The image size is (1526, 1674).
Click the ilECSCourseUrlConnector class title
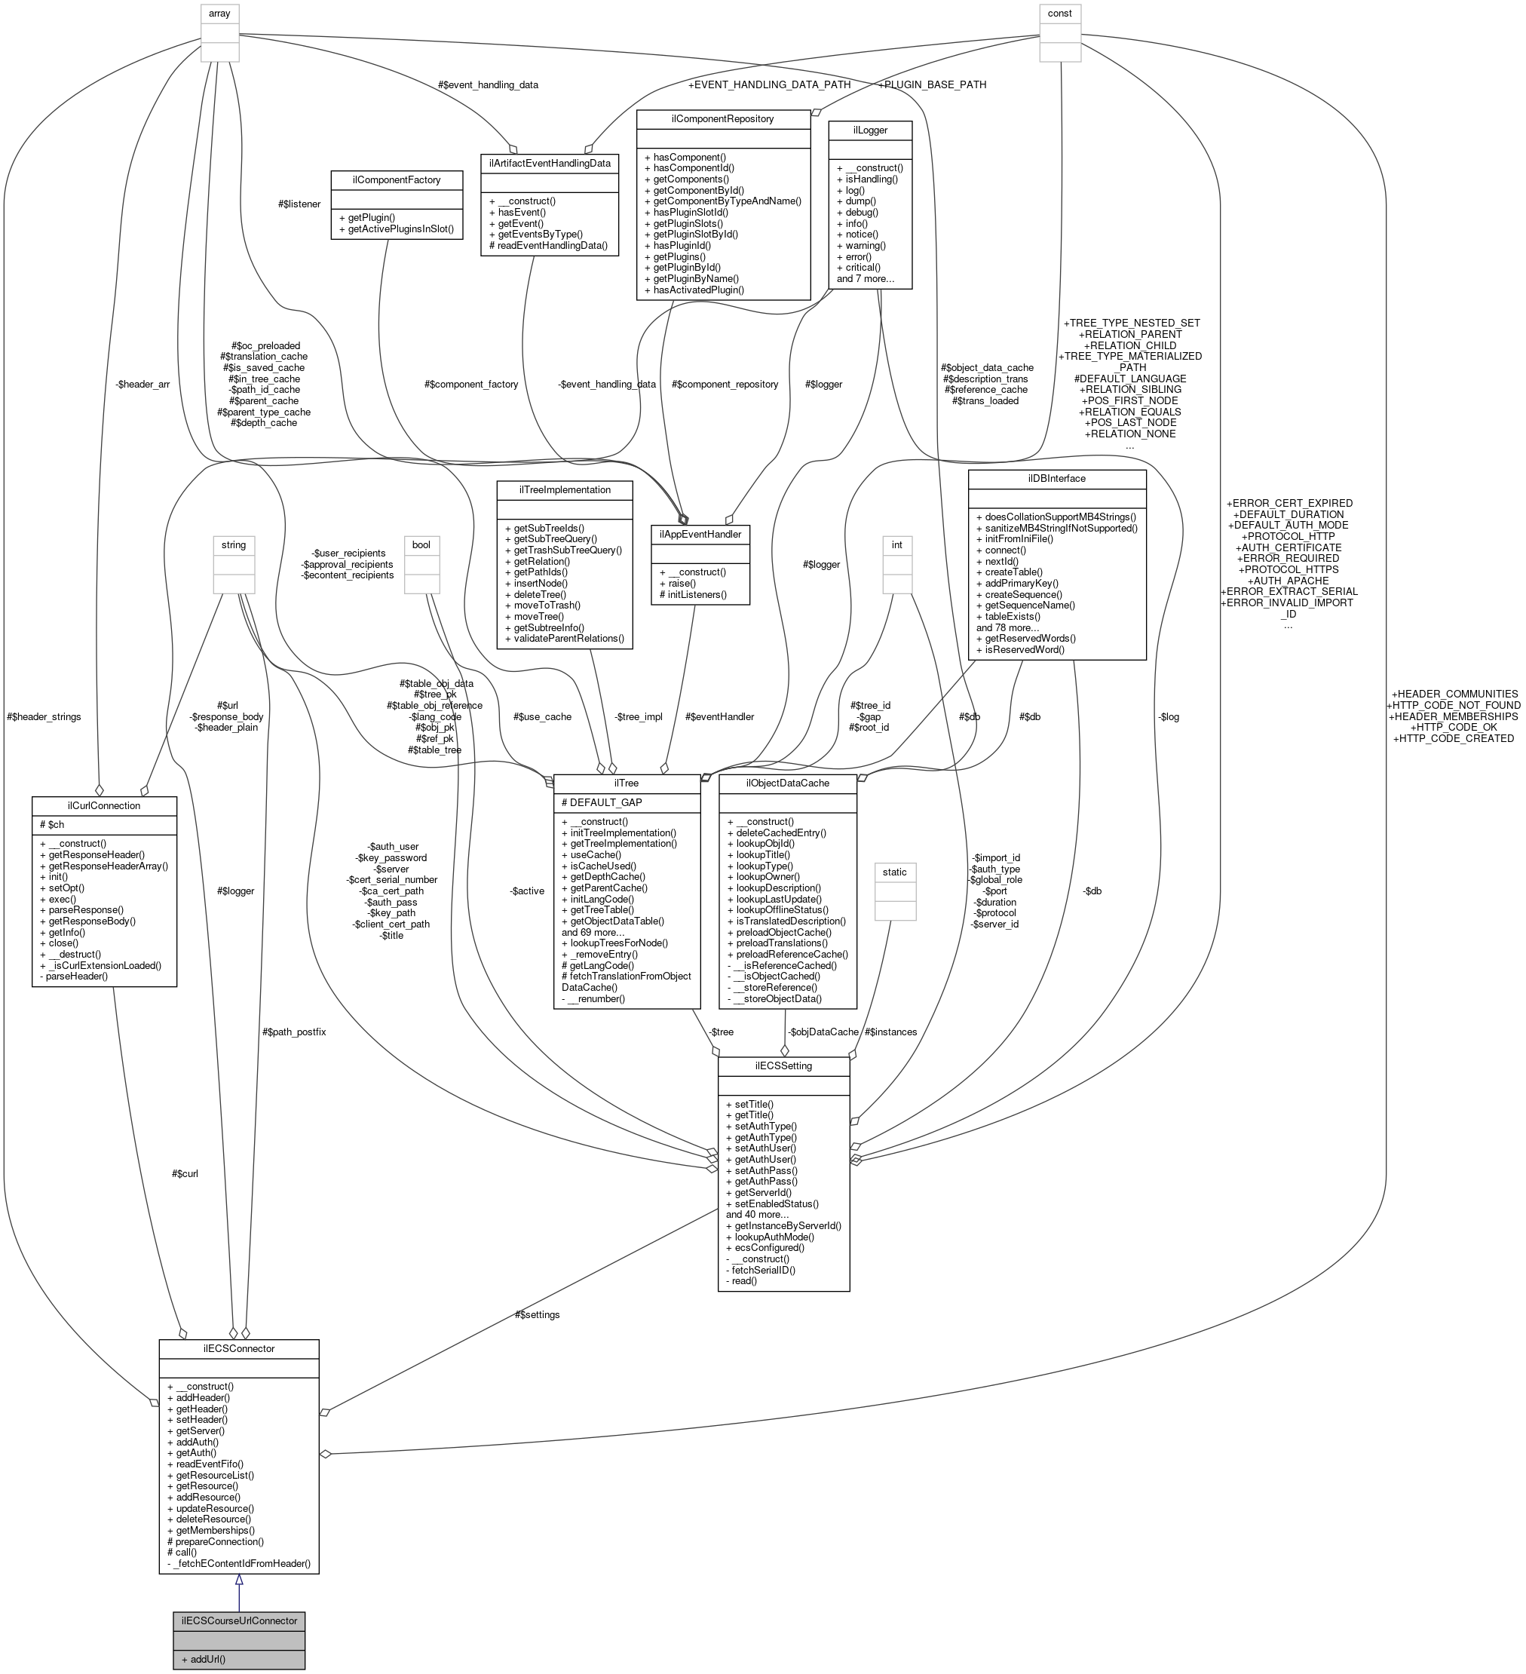[239, 1620]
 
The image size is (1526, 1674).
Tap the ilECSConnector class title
[239, 1348]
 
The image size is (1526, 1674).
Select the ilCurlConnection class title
[104, 805]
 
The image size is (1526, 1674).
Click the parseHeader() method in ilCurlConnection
[74, 976]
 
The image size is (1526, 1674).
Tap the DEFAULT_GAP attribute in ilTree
[602, 802]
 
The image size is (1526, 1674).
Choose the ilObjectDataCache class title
[787, 782]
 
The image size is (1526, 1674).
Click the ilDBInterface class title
[1057, 478]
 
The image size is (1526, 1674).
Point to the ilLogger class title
[870, 130]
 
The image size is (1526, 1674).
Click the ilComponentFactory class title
[397, 179]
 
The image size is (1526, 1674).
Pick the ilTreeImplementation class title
[565, 489]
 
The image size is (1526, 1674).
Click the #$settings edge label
[537, 1314]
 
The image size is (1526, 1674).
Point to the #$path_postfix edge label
[294, 1032]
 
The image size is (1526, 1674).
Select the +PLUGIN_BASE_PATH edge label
[932, 84]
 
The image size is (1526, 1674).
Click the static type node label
[894, 872]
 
